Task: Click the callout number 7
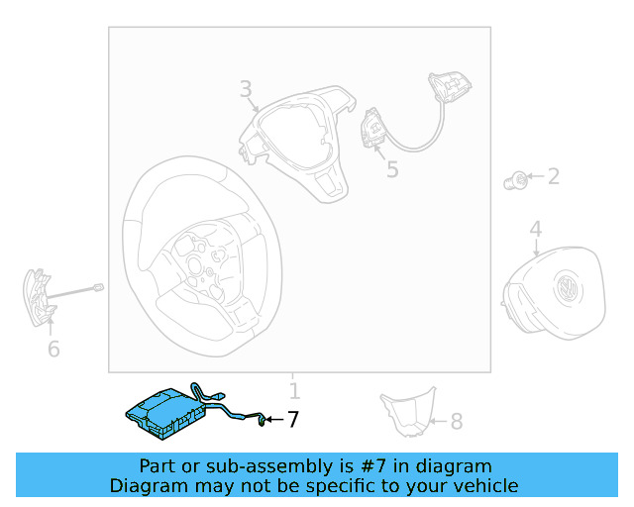293,419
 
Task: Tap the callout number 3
246,89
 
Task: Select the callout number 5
392,169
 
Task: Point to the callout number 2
554,176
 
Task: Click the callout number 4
536,229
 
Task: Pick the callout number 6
53,349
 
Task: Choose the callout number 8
457,421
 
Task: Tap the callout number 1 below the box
295,391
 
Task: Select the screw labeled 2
515,181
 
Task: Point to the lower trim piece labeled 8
408,412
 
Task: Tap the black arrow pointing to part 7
274,420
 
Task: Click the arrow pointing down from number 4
536,247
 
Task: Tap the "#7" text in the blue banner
372,466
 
